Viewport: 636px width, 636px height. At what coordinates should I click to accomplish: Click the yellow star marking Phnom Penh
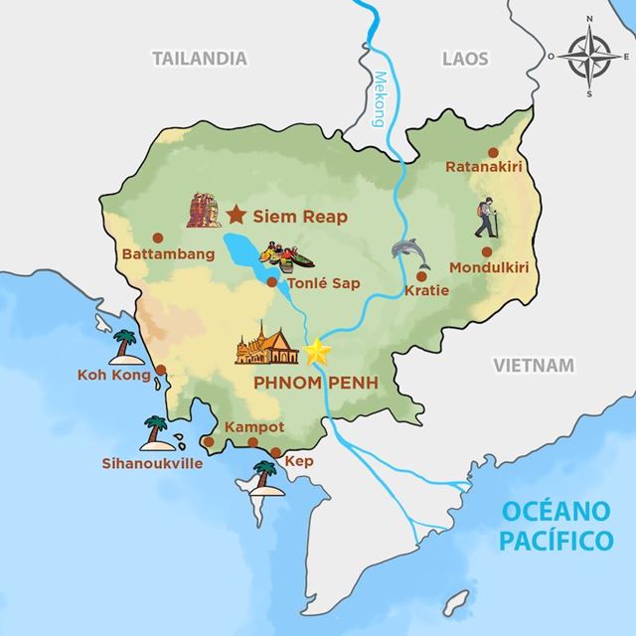pyautogui.click(x=318, y=351)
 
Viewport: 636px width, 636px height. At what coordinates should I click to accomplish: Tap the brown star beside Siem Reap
pyautogui.click(x=237, y=214)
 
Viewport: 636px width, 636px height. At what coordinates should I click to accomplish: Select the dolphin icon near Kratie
pyautogui.click(x=411, y=255)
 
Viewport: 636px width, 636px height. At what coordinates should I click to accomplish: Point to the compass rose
pyautogui.click(x=587, y=61)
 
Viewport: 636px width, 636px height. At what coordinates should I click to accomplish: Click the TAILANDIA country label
pyautogui.click(x=200, y=59)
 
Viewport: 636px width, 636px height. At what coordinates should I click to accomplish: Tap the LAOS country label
pyautogui.click(x=465, y=59)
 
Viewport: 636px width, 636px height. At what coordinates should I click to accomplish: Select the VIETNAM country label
pyautogui.click(x=534, y=366)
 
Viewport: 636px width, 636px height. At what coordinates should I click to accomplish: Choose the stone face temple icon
pyautogui.click(x=203, y=209)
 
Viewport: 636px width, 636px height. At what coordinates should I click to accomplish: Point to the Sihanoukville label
pyautogui.click(x=147, y=462)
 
